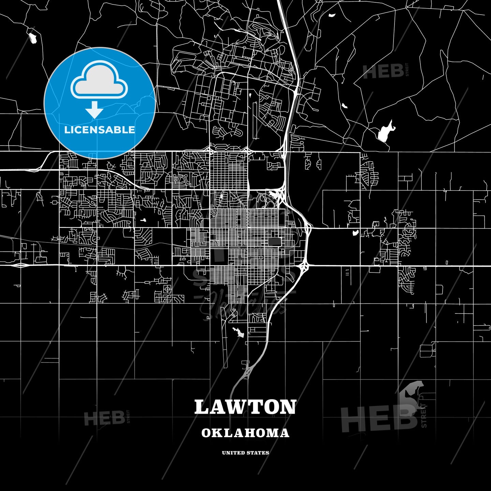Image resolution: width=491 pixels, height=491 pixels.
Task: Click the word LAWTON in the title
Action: (x=245, y=407)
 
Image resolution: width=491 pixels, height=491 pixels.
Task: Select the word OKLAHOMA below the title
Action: (x=245, y=433)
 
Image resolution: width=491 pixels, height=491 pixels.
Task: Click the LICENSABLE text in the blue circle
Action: (x=100, y=130)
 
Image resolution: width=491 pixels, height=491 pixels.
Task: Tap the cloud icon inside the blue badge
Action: (x=99, y=80)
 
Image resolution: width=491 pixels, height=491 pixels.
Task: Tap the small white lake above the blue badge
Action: (x=33, y=38)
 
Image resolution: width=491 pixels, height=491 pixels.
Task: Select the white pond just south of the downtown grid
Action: (x=239, y=332)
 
